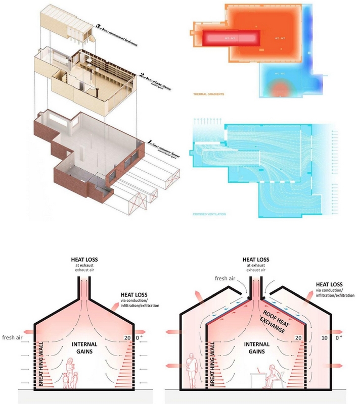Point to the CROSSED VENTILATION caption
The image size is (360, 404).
coord(208,215)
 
